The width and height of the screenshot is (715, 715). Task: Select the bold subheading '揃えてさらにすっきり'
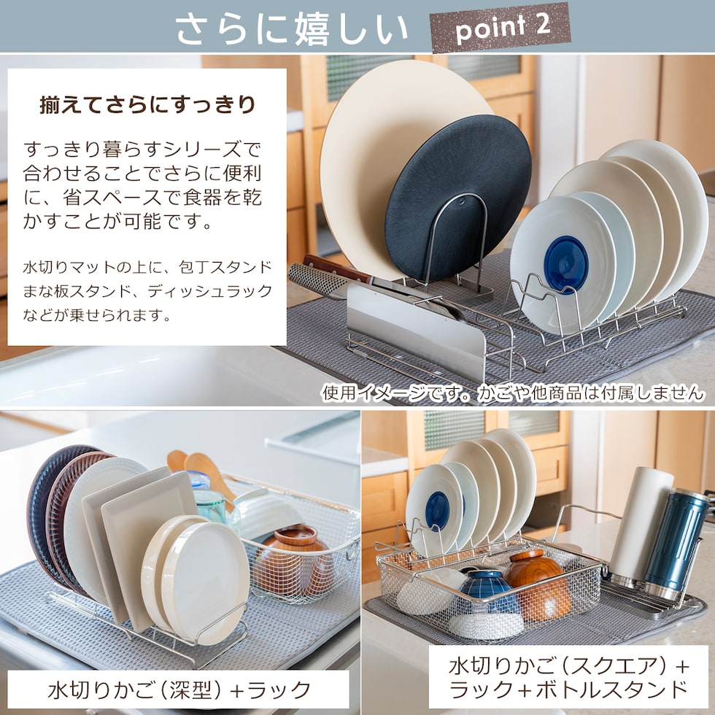tap(147, 105)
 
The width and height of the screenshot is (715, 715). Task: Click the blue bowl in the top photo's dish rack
tap(566, 264)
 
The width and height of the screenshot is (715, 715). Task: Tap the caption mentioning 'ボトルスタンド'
tap(568, 678)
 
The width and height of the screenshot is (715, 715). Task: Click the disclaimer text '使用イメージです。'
tap(395, 393)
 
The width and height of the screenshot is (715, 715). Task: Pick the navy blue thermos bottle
tap(676, 544)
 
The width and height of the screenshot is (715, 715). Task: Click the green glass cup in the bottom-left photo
tap(209, 505)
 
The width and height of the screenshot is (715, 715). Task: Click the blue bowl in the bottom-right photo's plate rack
tap(438, 510)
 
